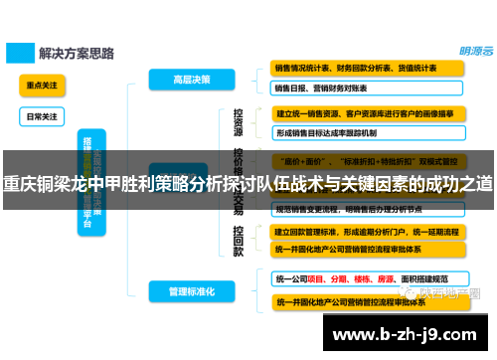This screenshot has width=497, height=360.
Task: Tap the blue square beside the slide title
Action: [19, 51]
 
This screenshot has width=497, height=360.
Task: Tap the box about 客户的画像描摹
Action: [367, 113]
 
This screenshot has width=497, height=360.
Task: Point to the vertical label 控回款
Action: [239, 240]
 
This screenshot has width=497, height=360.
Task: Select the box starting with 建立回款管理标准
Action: [367, 230]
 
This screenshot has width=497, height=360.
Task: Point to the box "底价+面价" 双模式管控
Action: [367, 159]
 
